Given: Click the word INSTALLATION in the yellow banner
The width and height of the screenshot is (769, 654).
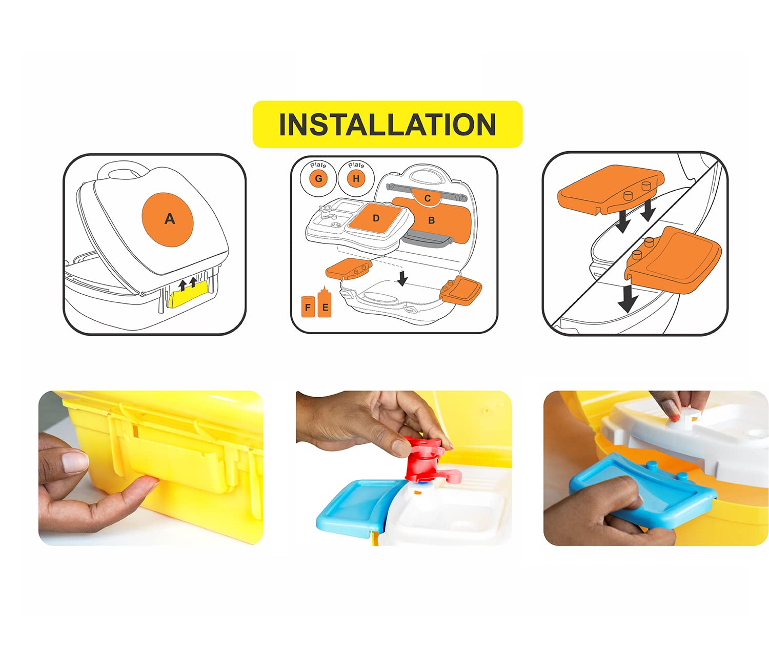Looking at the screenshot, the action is [387, 124].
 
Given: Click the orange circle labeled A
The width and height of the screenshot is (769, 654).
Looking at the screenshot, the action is [168, 219].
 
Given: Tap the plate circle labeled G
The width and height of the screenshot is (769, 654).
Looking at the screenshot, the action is [318, 178].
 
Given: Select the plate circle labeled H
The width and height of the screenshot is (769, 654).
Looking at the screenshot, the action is [356, 178].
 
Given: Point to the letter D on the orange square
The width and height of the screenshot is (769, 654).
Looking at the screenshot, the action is [376, 218].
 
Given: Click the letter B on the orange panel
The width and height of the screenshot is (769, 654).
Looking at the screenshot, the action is [432, 220].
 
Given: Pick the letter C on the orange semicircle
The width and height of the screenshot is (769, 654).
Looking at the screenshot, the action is [428, 198].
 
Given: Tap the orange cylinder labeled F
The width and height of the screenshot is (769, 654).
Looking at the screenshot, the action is [308, 306].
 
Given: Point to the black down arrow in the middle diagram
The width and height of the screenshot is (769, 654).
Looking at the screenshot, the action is [402, 277].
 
